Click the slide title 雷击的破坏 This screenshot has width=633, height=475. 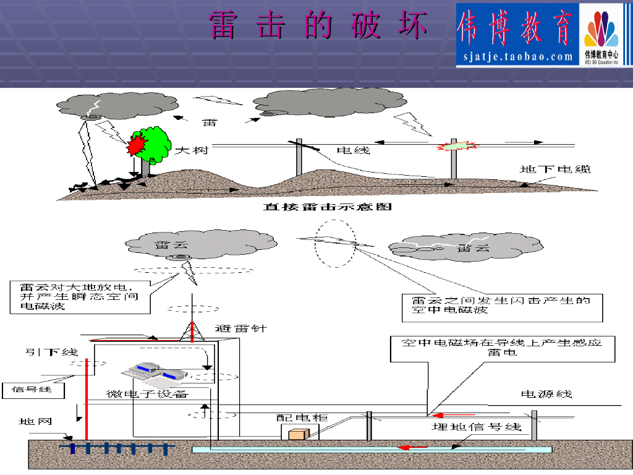click(x=318, y=25)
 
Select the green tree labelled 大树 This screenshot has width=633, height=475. click(x=151, y=145)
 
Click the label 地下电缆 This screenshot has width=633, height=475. click(x=554, y=169)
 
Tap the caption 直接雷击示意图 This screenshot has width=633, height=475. click(x=328, y=207)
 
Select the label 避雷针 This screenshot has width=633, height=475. click(x=241, y=328)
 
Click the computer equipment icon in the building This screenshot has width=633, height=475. click(x=151, y=370)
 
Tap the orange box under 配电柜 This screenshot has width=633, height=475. click(x=298, y=434)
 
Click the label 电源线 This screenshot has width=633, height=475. click(x=546, y=393)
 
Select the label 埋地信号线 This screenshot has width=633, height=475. click(x=476, y=427)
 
